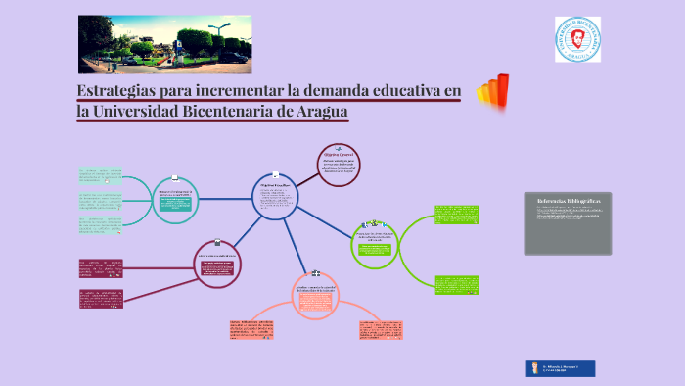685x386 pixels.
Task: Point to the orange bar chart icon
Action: [x=493, y=91]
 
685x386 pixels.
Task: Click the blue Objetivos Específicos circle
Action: [x=278, y=197]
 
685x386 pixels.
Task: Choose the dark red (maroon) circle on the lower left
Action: [x=217, y=263]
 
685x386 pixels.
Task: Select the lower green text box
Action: [x=456, y=284]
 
